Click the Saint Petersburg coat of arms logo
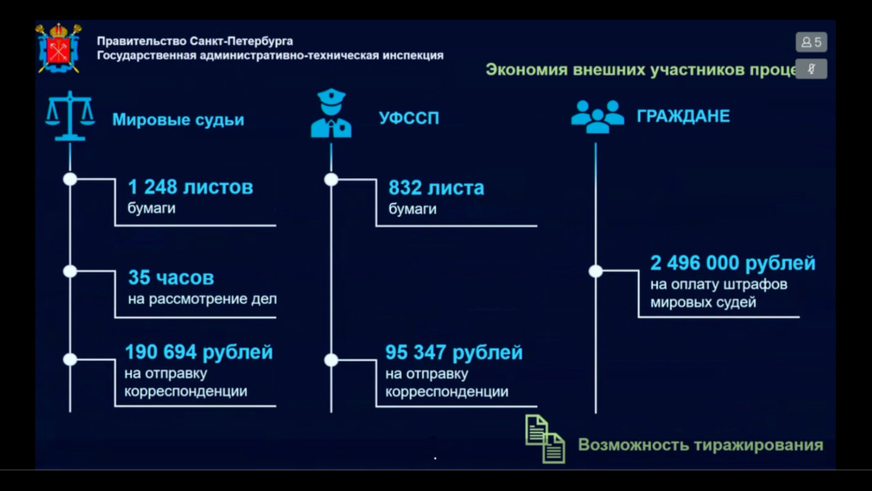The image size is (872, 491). tap(58, 48)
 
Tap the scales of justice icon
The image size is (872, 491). tap(70, 115)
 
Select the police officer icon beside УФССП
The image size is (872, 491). tap(331, 113)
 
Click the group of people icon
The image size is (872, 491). tap(597, 116)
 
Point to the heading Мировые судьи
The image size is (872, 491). tap(178, 120)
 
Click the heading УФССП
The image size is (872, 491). tap(409, 118)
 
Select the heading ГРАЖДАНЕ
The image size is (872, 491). tap(683, 115)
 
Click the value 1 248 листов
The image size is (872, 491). tap(190, 187)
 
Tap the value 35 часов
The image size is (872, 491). tap(171, 277)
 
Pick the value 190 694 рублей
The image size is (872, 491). tap(198, 352)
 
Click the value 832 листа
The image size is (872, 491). tap(436, 188)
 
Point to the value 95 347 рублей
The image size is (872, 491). tap(454, 353)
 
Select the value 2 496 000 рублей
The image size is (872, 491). tap(733, 263)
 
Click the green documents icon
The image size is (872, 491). tap(545, 439)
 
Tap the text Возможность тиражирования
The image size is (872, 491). tap(701, 445)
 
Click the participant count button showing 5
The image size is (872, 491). tap(811, 41)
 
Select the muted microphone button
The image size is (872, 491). tap(811, 69)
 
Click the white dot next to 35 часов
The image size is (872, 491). tap(70, 272)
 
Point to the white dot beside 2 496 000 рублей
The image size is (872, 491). tap(595, 272)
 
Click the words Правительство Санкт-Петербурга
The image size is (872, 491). tap(195, 41)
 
